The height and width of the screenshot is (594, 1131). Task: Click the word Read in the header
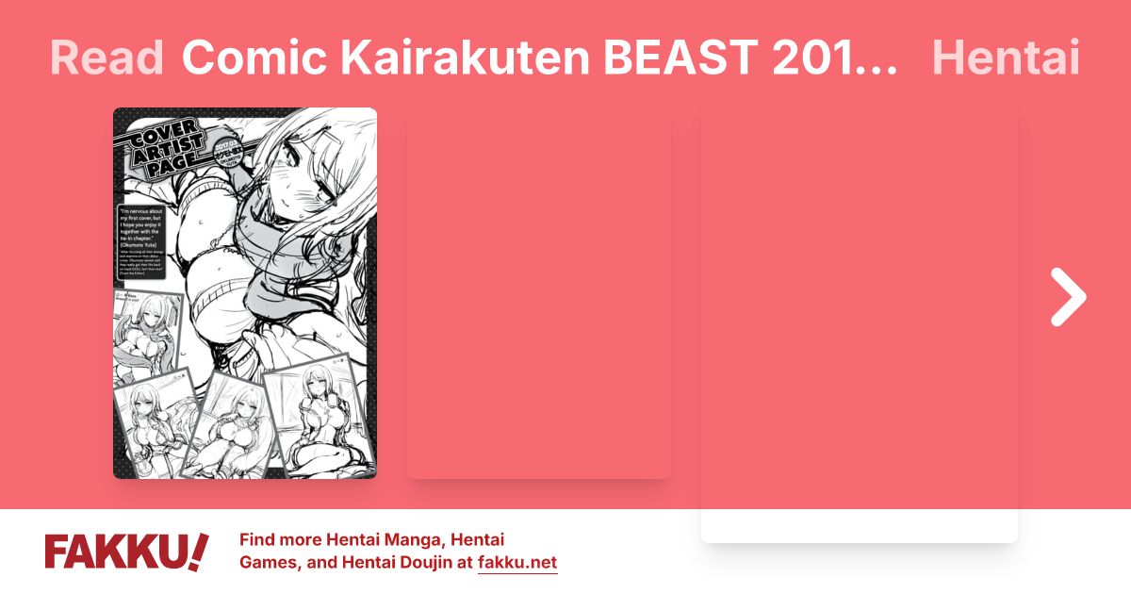[107, 58]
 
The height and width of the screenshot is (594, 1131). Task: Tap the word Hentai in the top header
[1005, 58]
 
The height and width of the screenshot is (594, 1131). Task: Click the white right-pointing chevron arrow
[1069, 297]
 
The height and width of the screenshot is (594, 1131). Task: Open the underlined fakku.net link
[517, 564]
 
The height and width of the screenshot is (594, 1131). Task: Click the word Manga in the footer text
[409, 540]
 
